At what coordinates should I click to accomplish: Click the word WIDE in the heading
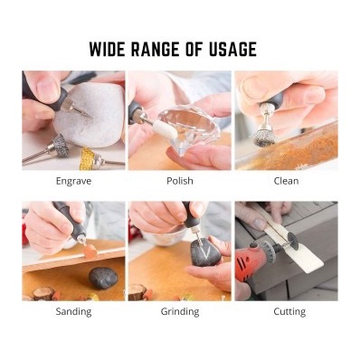[108, 49]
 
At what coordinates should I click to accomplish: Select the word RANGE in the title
[156, 49]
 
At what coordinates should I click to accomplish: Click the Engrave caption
[73, 181]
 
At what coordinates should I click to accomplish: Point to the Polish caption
[180, 181]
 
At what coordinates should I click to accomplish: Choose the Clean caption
[286, 181]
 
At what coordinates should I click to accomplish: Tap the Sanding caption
[73, 311]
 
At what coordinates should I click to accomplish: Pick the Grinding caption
[180, 311]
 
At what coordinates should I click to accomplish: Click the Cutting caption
[289, 311]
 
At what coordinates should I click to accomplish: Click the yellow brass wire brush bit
[89, 157]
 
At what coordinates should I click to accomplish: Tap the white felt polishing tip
[160, 128]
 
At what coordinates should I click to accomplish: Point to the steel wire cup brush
[264, 138]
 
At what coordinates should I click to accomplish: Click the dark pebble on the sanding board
[103, 278]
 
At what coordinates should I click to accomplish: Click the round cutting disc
[293, 242]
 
